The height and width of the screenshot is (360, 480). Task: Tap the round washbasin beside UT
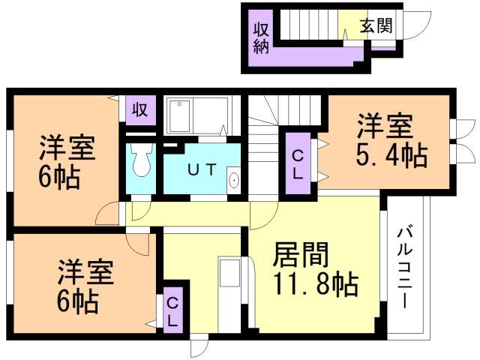click(x=233, y=180)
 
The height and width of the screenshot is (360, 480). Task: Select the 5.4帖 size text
click(x=391, y=156)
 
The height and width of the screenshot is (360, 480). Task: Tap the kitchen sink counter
click(x=229, y=292)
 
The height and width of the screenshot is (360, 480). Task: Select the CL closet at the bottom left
click(x=172, y=312)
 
